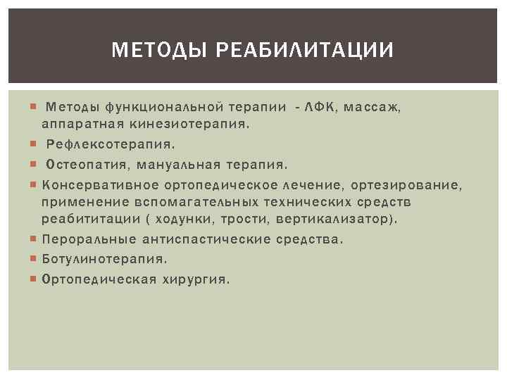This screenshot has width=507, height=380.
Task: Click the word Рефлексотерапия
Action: click(x=111, y=144)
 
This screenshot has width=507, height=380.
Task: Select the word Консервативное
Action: click(x=101, y=185)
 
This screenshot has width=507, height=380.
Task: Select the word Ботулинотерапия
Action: click(x=105, y=259)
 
